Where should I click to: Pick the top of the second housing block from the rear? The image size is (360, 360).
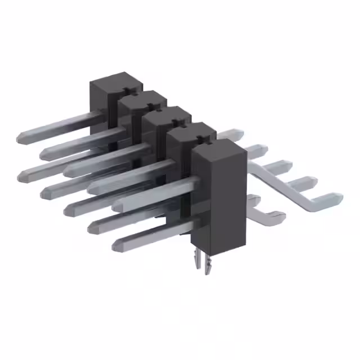[141, 100]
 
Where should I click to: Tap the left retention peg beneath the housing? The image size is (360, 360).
[196, 259]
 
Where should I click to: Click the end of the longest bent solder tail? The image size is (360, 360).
[336, 197]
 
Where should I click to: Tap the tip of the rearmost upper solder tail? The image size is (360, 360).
[240, 134]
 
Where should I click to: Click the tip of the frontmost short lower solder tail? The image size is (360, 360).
[280, 215]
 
